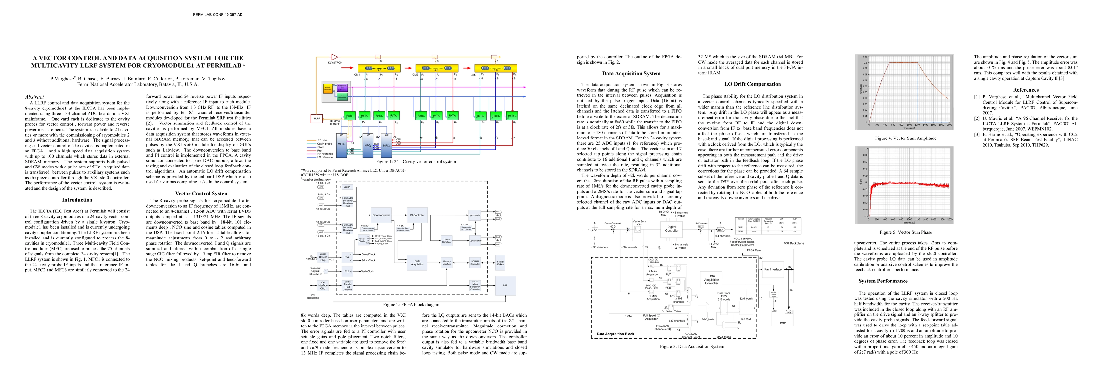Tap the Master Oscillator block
[x=328, y=89]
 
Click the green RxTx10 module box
[x=512, y=115]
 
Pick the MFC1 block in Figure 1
[x=341, y=145]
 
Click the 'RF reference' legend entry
[x=325, y=154]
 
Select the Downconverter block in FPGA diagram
[x=381, y=215]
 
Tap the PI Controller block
[x=417, y=215]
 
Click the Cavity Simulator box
[x=447, y=241]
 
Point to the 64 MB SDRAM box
[x=500, y=263]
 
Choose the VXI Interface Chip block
[x=323, y=285]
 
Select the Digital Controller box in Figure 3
[x=671, y=228]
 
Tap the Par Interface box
[x=773, y=269]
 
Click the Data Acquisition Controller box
[x=711, y=280]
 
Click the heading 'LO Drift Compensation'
[x=752, y=84]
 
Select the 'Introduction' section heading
[x=77, y=200]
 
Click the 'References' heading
[x=1026, y=90]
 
